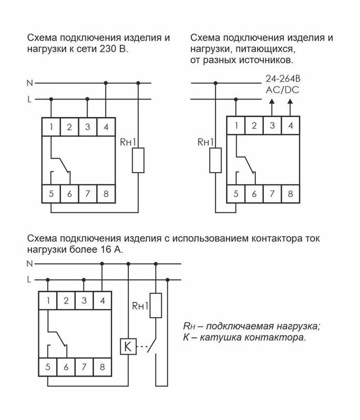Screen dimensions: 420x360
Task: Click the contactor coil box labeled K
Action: (x=127, y=347)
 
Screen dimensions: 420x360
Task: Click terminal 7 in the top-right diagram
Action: (x=272, y=193)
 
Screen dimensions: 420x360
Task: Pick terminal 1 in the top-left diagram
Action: (x=51, y=127)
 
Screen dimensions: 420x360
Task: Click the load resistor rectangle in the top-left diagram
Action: (x=138, y=160)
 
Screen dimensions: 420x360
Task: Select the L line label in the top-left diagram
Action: (x=30, y=100)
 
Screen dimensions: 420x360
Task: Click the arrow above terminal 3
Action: (x=272, y=102)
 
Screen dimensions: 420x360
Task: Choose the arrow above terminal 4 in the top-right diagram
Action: (x=290, y=102)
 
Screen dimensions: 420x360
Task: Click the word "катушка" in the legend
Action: (x=218, y=337)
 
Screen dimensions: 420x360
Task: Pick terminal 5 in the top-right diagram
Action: (x=236, y=193)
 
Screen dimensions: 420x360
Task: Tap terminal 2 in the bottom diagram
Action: (x=66, y=301)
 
